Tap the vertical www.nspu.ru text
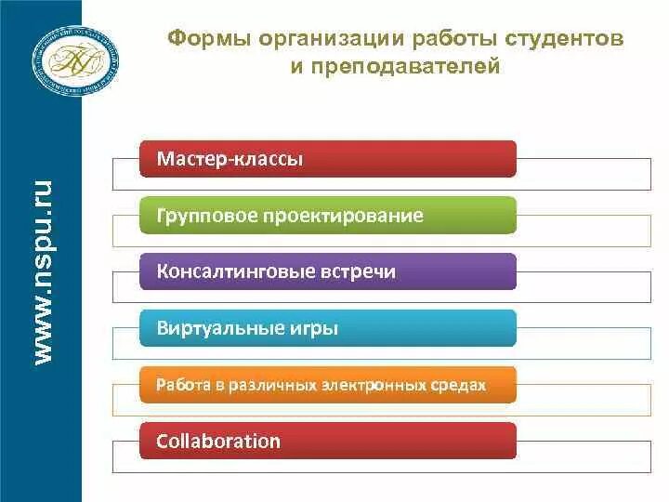[x=43, y=271]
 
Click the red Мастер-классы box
[x=328, y=159]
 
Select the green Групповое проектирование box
[x=328, y=216]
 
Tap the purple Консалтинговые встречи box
[x=328, y=271]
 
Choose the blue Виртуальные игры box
[x=328, y=328]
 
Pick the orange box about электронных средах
[x=328, y=384]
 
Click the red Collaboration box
[x=328, y=441]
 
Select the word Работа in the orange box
[x=177, y=384]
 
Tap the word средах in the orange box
[x=464, y=384]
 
